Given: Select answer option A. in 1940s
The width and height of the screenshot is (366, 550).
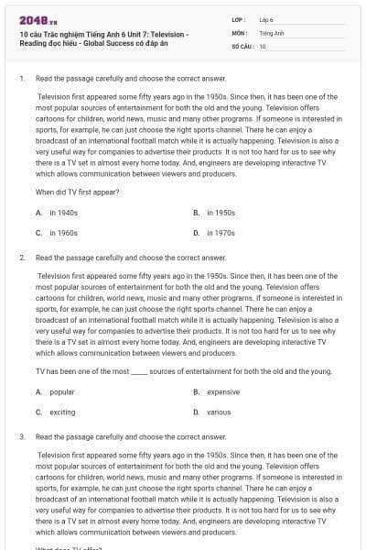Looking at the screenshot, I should (x=57, y=212).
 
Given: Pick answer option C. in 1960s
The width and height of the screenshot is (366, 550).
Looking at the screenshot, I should (x=57, y=233).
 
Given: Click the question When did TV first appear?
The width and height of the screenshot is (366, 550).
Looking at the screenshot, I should (x=77, y=192).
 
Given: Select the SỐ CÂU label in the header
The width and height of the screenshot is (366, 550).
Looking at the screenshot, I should (x=241, y=45).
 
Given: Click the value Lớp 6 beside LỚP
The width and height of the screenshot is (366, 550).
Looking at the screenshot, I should (x=266, y=19).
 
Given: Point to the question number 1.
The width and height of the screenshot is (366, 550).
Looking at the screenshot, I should (x=21, y=80).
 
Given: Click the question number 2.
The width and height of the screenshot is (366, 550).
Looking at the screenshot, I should (x=21, y=258).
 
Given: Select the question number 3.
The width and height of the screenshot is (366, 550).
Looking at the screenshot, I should (x=21, y=437).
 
